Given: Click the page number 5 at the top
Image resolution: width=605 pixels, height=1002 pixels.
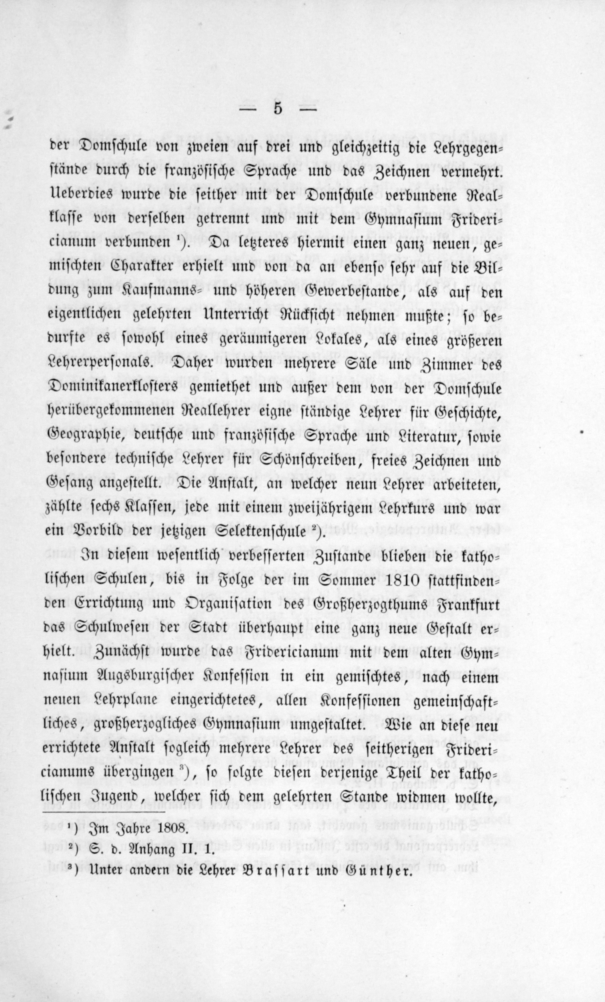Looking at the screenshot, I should point(278,110).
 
